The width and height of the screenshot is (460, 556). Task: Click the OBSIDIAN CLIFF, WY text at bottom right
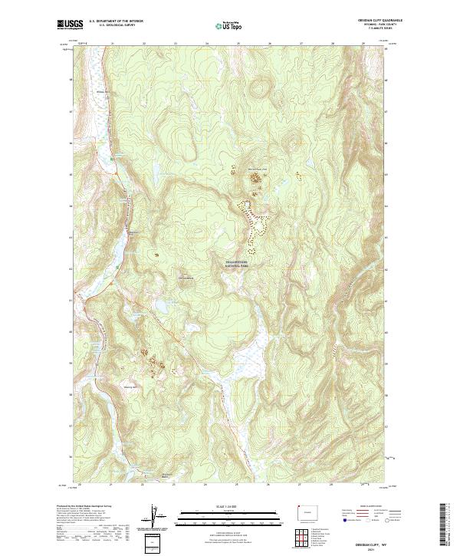pos(373,541)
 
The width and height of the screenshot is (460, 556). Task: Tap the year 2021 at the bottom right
pos(373,548)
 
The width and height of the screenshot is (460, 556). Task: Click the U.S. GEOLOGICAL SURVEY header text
pos(115,26)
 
